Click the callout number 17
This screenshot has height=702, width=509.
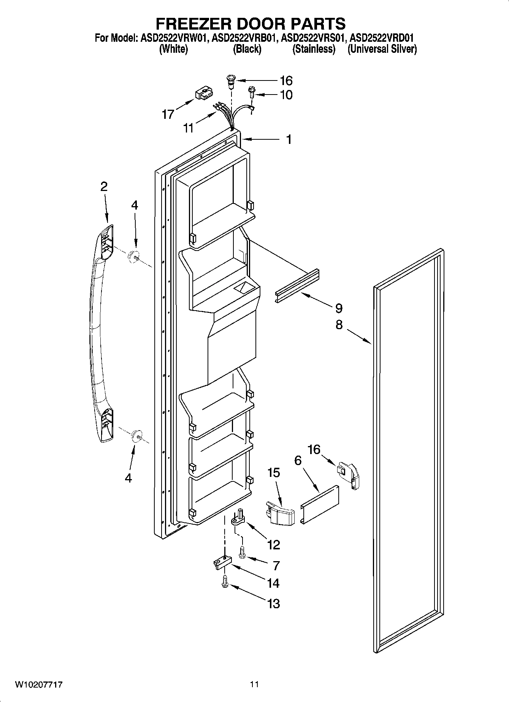pyautogui.click(x=168, y=114)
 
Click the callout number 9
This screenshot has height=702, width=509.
pyautogui.click(x=339, y=308)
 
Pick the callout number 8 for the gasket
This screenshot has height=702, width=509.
pyautogui.click(x=339, y=325)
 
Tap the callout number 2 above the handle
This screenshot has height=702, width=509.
pyautogui.click(x=104, y=186)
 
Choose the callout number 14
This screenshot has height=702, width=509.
pyautogui.click(x=273, y=583)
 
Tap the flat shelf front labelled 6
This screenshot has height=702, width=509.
pyautogui.click(x=320, y=504)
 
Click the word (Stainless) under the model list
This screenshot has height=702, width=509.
pyautogui.click(x=314, y=49)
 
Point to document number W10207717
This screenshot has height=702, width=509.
pyautogui.click(x=39, y=685)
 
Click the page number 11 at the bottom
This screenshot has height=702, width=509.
pyautogui.click(x=254, y=685)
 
